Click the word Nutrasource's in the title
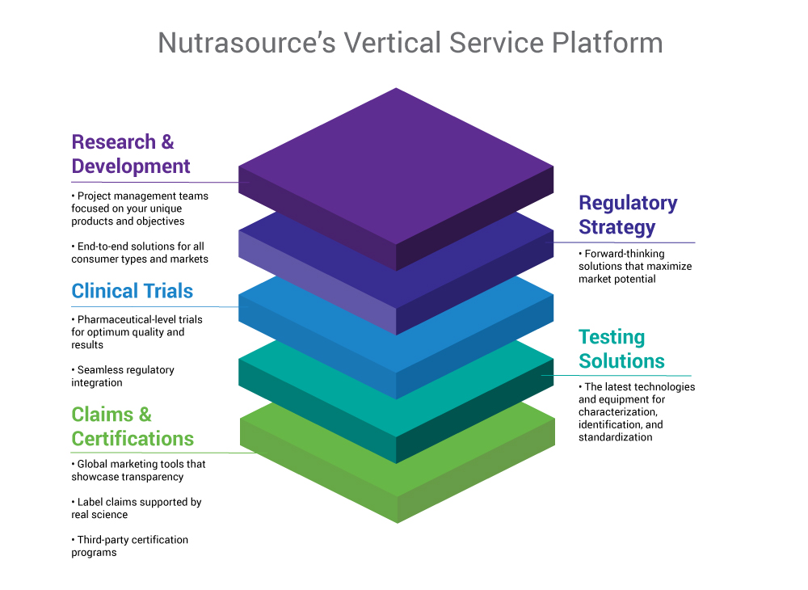point(246,42)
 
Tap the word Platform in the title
point(607,42)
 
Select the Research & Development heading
point(131,154)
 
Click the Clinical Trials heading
point(132,291)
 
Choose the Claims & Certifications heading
point(133,426)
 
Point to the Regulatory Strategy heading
point(628,215)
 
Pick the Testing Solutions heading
point(621,349)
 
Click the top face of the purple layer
point(396,166)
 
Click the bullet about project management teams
point(140,209)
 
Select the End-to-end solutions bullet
point(140,252)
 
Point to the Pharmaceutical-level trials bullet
point(137,332)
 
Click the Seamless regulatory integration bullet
point(123,376)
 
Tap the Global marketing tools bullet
point(138,470)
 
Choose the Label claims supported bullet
point(136,508)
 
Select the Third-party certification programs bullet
point(129,546)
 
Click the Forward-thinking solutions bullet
point(635,266)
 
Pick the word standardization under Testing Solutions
point(615,437)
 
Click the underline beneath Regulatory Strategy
point(621,242)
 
